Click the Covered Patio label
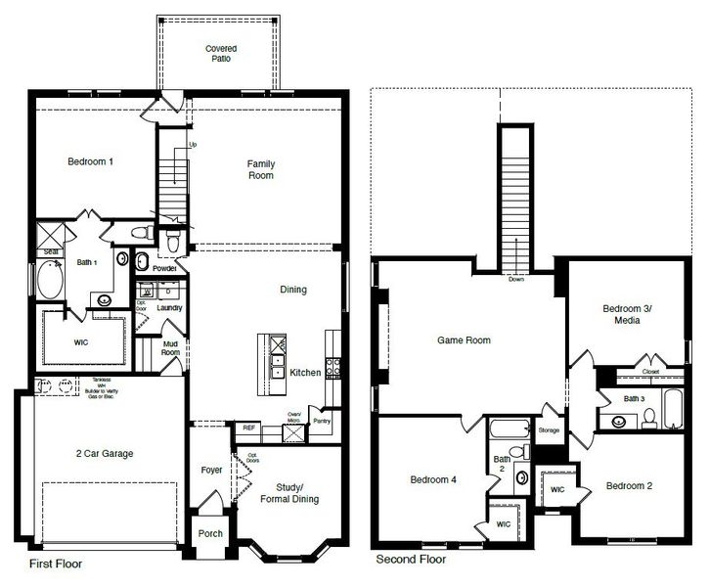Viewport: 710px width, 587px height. [221, 53]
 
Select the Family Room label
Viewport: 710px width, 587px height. [260, 170]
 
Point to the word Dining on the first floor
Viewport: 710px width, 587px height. [292, 290]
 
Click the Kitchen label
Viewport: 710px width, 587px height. [305, 373]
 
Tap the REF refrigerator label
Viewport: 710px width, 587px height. [247, 428]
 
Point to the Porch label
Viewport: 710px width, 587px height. [210, 533]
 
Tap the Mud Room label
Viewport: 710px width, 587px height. [170, 348]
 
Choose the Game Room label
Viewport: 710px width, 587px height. [463, 341]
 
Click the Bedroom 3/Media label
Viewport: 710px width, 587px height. [627, 314]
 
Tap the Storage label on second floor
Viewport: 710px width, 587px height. [549, 429]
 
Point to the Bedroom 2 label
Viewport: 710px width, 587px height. [628, 486]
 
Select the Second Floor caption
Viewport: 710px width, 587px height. [411, 561]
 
